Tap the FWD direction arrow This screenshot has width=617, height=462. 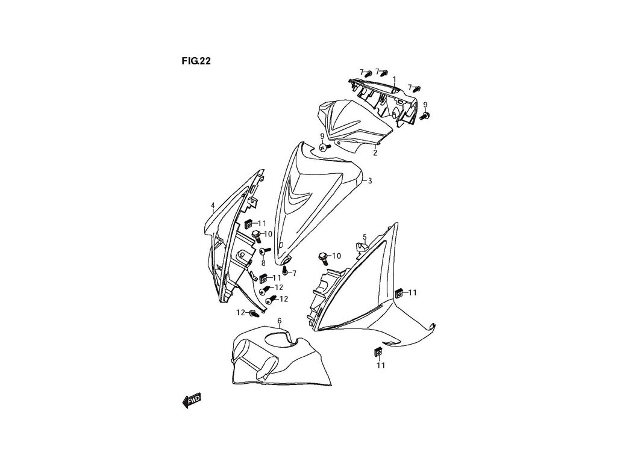(191, 400)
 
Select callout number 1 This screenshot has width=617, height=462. (394, 79)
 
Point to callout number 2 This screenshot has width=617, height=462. (375, 153)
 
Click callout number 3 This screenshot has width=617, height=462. (370, 180)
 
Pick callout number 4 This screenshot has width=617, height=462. (213, 206)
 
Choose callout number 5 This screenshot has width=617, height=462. (365, 237)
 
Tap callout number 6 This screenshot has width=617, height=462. (279, 322)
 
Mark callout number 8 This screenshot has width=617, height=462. (263, 263)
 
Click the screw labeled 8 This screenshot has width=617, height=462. (263, 251)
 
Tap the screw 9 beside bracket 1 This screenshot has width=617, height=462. (425, 115)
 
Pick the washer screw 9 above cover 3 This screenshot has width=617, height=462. (324, 147)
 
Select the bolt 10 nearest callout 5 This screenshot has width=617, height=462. (324, 257)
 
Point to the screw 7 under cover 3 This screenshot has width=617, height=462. (284, 271)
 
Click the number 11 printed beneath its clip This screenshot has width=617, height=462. (381, 365)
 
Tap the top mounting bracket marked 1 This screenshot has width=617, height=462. (386, 99)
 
